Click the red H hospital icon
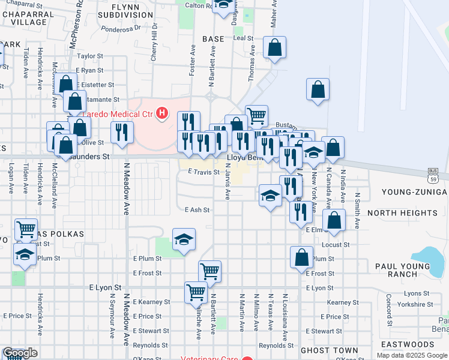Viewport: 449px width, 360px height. coord(161,113)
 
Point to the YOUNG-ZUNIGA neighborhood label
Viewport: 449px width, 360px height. coord(415,192)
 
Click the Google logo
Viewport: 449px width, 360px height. coord(19,353)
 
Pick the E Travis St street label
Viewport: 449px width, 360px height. coord(203,172)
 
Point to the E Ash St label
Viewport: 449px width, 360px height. coord(197,210)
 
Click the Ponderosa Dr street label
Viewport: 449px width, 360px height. coord(120,27)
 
